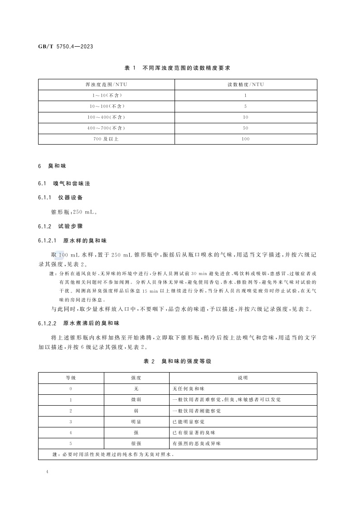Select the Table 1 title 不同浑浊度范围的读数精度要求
tap(177, 68)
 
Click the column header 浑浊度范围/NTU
tap(106, 84)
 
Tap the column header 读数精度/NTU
tap(245, 84)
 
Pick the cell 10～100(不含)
tap(106, 106)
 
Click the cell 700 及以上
tap(106, 139)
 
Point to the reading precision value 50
tap(245, 128)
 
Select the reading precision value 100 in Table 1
tap(245, 139)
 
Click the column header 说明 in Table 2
tap(243, 378)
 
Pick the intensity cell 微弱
tap(136, 400)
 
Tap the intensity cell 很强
tap(136, 443)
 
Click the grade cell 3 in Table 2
tap(71, 422)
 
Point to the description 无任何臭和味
tap(189, 389)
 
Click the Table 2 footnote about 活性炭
tap(107, 454)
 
